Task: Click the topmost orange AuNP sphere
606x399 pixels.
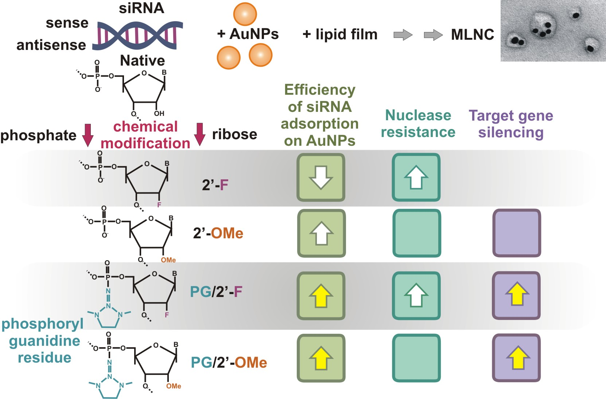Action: pyautogui.click(x=245, y=14)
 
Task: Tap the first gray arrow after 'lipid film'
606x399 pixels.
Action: pyautogui.click(x=403, y=35)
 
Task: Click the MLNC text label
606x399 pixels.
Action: pyautogui.click(x=473, y=35)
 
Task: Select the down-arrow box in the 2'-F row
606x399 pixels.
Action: pyautogui.click(x=321, y=177)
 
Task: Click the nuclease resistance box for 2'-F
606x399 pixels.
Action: pyautogui.click(x=416, y=177)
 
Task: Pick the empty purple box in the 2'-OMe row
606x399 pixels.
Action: pyautogui.click(x=516, y=233)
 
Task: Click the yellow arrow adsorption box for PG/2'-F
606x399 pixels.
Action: pyautogui.click(x=321, y=296)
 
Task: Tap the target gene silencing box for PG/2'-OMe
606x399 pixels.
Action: pyautogui.click(x=516, y=358)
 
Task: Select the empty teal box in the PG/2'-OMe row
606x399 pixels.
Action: pyautogui.click(x=416, y=358)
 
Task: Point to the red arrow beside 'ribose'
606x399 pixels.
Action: pyautogui.click(x=199, y=134)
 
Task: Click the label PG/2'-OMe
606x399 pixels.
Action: pyautogui.click(x=229, y=363)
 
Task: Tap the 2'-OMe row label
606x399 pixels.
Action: pyautogui.click(x=218, y=233)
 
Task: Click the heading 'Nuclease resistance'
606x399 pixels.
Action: pyautogui.click(x=418, y=124)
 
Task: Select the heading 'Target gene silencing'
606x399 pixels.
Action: pyautogui.click(x=511, y=124)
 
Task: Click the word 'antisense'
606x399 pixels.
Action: pyautogui.click(x=51, y=45)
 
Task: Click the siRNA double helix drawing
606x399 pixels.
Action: pyautogui.click(x=138, y=35)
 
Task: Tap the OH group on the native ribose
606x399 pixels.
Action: pyautogui.click(x=159, y=113)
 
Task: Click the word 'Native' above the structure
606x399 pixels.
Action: pyautogui.click(x=142, y=60)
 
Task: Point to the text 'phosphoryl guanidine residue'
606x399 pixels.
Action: pyautogui.click(x=43, y=341)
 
